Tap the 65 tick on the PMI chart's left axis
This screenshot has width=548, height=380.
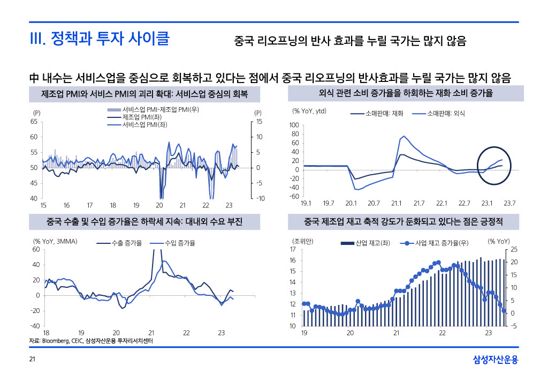tap(33, 122)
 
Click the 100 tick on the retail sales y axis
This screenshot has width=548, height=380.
tap(294, 125)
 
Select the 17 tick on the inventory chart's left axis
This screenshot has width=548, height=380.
tap(293, 250)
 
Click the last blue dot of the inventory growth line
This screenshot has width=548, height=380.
tap(504, 311)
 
